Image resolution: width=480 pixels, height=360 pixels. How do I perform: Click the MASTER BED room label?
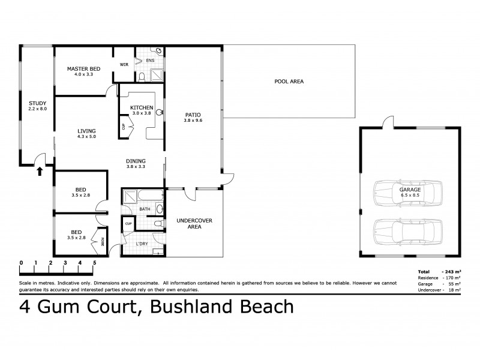pos(83,69)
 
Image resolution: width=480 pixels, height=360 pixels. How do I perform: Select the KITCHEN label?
pos(142,107)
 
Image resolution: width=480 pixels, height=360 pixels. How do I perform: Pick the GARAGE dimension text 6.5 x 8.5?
pos(410,195)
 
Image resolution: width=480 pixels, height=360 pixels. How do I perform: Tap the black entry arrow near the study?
pos(40,172)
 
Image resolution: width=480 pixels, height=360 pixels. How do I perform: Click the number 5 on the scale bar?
pos(94,263)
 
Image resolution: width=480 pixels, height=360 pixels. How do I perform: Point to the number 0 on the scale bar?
pos(21,263)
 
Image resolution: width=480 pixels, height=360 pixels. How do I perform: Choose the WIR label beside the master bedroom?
pos(125,64)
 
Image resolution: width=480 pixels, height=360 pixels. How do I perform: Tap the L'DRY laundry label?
pos(142,243)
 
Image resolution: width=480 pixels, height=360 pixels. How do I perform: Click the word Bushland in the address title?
pos(193,308)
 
